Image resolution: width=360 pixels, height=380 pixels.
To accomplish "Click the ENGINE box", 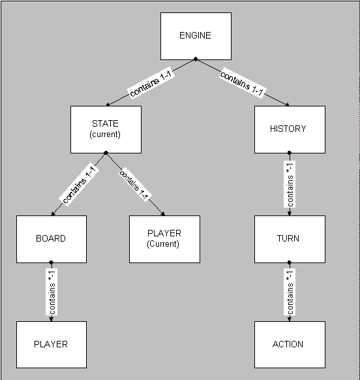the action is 196,36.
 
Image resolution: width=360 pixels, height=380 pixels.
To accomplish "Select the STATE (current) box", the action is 106,129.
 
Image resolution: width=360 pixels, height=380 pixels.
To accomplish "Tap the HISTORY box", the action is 290,129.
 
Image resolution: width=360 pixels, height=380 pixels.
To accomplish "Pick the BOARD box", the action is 52,239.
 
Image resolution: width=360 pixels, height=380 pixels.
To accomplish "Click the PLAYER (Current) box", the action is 164,239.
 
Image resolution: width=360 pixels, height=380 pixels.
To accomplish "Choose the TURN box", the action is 290,239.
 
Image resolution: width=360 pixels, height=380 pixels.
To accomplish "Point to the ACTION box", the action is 290,345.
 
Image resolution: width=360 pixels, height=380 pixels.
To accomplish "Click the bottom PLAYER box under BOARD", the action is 52,345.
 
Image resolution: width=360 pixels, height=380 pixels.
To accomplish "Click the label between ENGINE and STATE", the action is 151,83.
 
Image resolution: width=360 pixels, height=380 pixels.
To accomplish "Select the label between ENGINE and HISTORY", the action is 242,83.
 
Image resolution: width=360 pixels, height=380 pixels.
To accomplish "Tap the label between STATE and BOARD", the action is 79,184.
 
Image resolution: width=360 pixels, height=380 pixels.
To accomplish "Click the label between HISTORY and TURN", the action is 290,184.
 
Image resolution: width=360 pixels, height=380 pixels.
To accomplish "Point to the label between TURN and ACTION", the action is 290,292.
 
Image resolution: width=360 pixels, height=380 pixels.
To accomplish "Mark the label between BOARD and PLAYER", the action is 52,292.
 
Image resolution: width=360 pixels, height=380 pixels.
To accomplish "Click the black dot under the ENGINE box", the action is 196,59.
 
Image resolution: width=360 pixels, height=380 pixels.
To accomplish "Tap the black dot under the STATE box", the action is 106,153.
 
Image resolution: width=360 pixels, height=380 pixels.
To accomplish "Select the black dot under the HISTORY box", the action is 290,153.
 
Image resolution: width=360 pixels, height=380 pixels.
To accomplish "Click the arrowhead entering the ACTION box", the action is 290,319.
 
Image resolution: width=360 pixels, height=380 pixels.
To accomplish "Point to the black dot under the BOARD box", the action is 51,262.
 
